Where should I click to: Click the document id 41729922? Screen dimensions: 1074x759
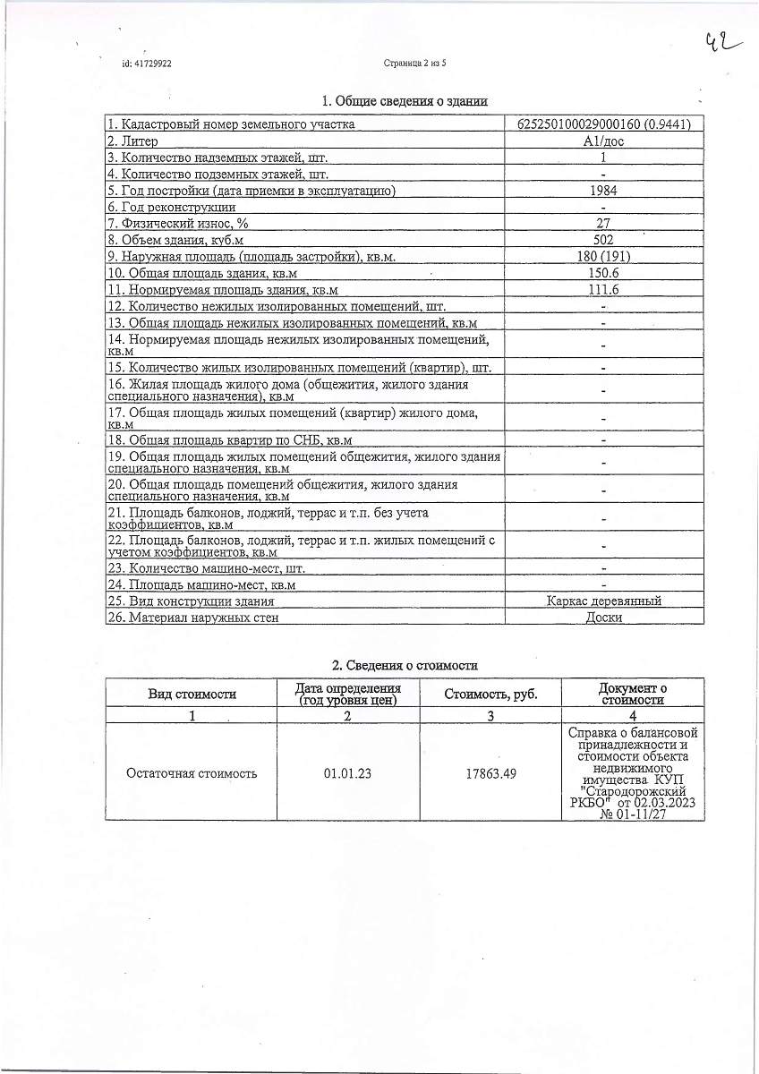point(147,64)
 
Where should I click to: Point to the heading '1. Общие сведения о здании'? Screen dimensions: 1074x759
point(405,102)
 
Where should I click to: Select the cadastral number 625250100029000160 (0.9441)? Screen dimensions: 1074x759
point(603,124)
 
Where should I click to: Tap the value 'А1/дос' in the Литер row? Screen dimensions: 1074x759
point(603,141)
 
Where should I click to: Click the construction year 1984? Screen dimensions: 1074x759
point(603,190)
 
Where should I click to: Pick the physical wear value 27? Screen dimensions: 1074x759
point(603,223)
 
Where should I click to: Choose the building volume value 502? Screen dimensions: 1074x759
point(603,240)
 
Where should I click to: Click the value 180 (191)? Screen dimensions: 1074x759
point(603,257)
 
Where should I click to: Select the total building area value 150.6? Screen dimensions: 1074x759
point(603,273)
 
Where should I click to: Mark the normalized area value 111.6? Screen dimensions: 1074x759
point(603,290)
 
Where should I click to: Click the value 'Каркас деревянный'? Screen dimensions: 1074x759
point(603,601)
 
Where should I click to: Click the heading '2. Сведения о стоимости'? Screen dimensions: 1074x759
point(405,665)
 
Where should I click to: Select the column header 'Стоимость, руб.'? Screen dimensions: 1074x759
point(490,694)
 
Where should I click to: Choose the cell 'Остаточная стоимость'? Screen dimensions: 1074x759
point(192,773)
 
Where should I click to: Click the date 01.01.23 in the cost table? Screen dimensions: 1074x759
point(347,773)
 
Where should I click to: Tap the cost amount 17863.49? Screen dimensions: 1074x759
point(490,773)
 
